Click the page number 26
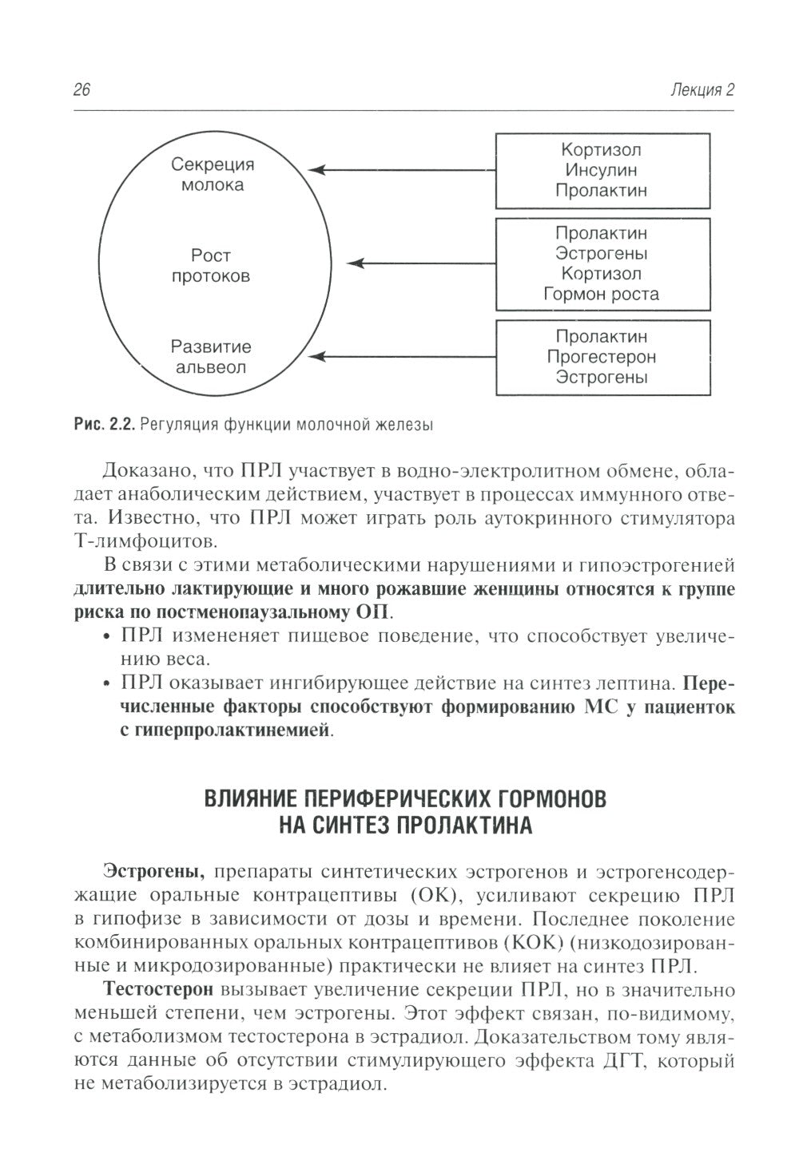coord(81,90)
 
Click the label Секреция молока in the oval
coord(212,175)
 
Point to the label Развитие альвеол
coord(211,358)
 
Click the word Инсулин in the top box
coord(602,170)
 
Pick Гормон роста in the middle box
coord(602,294)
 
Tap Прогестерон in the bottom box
coord(602,357)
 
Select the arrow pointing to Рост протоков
coord(423,263)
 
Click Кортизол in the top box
coord(602,150)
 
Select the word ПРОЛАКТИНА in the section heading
coord(461,825)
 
